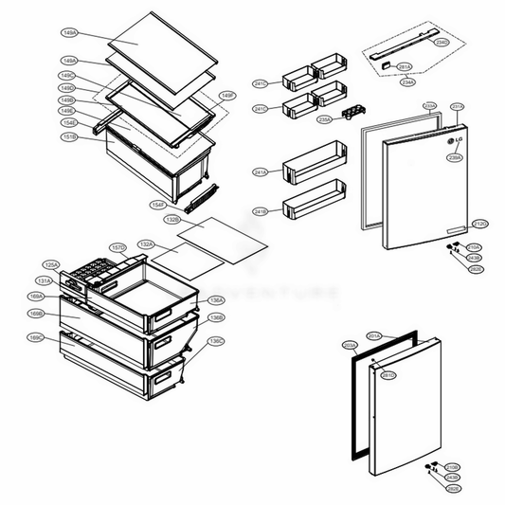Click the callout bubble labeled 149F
tap(227, 96)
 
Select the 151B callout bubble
tap(69, 139)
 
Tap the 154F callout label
tap(157, 205)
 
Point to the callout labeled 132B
tap(171, 219)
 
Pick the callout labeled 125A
tap(51, 265)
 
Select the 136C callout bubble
tap(216, 340)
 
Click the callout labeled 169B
tap(36, 313)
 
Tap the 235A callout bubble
tap(323, 119)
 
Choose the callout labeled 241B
tap(260, 210)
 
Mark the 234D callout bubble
tap(442, 43)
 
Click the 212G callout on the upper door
tap(479, 224)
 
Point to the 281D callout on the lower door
tap(388, 375)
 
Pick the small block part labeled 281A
tap(386, 63)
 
